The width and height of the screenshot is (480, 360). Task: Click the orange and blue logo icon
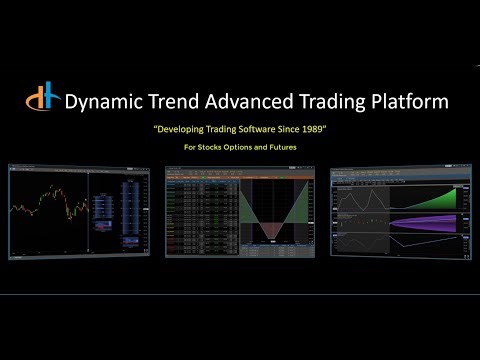coord(43,101)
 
